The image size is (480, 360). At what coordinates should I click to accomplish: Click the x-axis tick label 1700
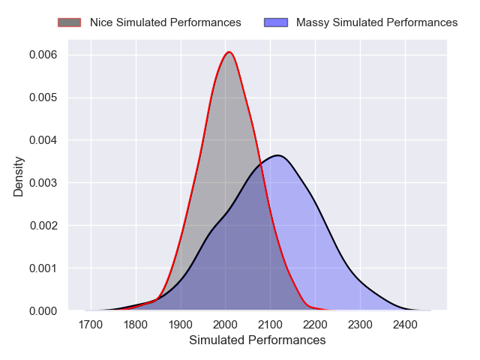coord(91,325)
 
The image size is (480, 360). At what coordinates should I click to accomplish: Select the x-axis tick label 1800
coord(136,325)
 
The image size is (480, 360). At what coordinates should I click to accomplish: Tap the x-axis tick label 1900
coord(181,325)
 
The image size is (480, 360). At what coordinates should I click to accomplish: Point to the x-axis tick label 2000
coord(226,325)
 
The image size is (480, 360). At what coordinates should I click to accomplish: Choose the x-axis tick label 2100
coord(271,325)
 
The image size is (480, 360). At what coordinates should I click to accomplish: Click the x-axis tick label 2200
coord(316,325)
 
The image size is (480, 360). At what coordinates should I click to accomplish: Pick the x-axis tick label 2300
coord(361,325)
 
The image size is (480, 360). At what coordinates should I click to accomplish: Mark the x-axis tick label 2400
coord(406,325)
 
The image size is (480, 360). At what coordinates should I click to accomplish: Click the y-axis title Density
coord(19,176)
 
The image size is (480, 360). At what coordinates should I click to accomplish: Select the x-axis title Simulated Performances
coord(257,340)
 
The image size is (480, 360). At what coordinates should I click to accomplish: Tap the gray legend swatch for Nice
coord(69,22)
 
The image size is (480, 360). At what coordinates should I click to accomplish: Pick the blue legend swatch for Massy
coord(275,22)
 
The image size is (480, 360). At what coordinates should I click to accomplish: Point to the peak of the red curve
coord(229,52)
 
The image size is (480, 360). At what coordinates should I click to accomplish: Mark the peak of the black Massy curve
coord(277,155)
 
